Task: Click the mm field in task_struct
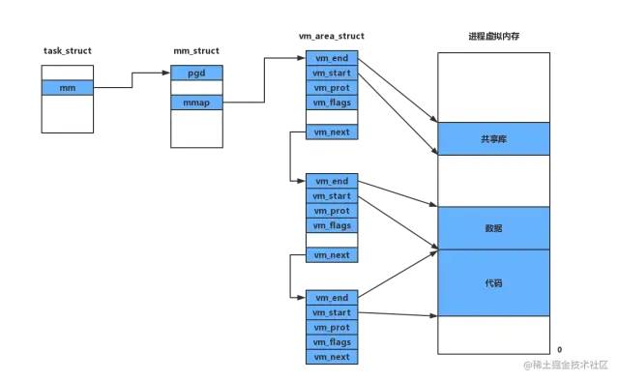67,87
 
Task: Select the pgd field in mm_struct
197,73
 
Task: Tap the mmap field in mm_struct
197,102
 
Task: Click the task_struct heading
67,49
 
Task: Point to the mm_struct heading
196,49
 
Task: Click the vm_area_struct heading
332,36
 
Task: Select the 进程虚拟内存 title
493,36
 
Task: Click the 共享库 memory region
493,138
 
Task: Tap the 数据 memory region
493,227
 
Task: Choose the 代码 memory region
493,282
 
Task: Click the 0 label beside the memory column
559,348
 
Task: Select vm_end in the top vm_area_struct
331,58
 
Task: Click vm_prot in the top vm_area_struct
331,87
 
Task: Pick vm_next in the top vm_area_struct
331,131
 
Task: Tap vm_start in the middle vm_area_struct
331,195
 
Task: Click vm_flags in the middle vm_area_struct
331,224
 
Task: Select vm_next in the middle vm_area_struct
331,253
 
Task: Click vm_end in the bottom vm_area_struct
331,298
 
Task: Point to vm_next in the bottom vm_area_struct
331,356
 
